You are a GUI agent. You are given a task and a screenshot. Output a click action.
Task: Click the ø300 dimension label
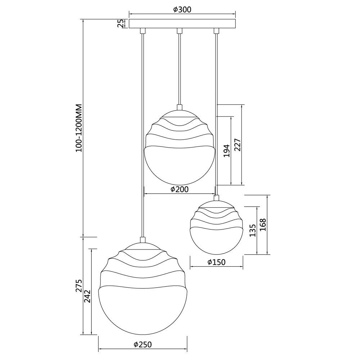[x=182, y=9]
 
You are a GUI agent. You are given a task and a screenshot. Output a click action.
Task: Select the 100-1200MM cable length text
[x=79, y=128]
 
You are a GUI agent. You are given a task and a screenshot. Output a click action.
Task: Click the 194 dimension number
[x=227, y=150]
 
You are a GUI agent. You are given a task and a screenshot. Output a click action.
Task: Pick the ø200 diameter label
[x=180, y=189]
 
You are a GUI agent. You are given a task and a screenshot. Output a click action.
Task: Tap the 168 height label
[x=263, y=225]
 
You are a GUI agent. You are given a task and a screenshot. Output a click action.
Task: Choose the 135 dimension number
[x=253, y=230]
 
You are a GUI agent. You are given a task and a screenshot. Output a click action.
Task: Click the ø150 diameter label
[x=216, y=262]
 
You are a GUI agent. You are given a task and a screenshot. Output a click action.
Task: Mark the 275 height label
[x=79, y=286]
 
